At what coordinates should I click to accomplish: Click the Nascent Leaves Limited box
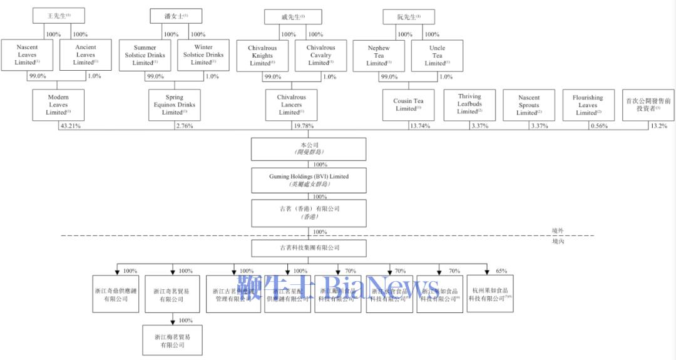tap(26, 55)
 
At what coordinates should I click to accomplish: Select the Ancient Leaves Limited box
tap(86, 55)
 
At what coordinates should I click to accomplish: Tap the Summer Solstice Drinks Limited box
tap(145, 55)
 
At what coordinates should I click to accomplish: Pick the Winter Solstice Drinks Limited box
tap(203, 55)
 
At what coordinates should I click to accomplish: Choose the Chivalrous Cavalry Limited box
tap(320, 55)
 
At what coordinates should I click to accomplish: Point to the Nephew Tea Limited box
tap(379, 55)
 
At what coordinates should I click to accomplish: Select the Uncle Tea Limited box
tap(437, 55)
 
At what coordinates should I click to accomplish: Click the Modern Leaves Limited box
tap(58, 105)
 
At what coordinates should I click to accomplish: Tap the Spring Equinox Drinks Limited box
tap(175, 105)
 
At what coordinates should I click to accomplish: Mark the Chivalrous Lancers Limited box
tap(291, 105)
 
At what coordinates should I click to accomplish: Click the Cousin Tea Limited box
tap(408, 105)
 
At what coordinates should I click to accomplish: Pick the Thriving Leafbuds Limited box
tap(469, 105)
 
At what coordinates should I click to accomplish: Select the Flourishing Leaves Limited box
tap(587, 105)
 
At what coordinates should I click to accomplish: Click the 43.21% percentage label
tap(70, 126)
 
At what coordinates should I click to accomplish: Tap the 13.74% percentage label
tap(421, 126)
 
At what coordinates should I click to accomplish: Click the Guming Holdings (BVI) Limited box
tap(309, 180)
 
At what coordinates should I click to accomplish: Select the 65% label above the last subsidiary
tap(501, 271)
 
